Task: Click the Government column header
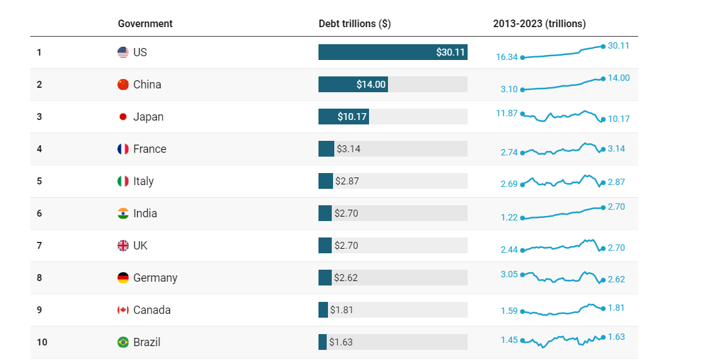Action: click(145, 23)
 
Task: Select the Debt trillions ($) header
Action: click(354, 23)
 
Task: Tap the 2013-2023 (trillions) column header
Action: click(539, 23)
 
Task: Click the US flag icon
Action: click(123, 52)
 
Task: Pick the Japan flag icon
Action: click(123, 117)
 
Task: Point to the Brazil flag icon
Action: click(123, 342)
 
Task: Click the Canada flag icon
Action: click(123, 310)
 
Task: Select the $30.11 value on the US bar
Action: click(451, 52)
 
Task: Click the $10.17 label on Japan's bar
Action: click(353, 117)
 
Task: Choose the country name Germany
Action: click(155, 278)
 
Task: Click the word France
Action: click(150, 149)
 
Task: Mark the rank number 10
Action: click(42, 342)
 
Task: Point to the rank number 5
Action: click(39, 181)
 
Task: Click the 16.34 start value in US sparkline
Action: click(507, 57)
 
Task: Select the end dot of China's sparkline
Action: click(603, 78)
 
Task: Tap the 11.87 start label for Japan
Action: click(507, 113)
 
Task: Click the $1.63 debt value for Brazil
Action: click(341, 342)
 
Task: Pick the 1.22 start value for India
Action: click(509, 217)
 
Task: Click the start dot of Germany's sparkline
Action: click(523, 275)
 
